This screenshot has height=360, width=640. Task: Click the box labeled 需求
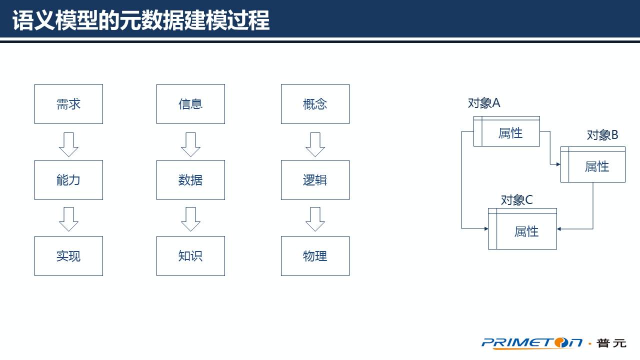tap(68, 104)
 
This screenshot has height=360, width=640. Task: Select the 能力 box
tap(68, 180)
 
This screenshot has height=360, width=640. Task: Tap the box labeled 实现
tap(68, 256)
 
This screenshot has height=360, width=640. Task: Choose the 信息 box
tap(190, 104)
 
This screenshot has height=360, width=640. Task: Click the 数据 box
tap(190, 180)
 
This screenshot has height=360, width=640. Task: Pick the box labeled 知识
tap(190, 256)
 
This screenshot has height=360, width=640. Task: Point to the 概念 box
tap(315, 104)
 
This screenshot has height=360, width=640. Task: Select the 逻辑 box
tap(315, 180)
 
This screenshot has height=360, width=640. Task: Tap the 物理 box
tap(315, 256)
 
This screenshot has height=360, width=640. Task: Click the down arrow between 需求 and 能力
tap(68, 144)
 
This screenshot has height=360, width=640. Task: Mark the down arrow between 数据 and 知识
tap(190, 219)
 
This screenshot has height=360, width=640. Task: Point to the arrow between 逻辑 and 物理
tap(315, 219)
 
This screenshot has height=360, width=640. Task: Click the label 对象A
tap(484, 103)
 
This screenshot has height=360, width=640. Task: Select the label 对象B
tap(602, 135)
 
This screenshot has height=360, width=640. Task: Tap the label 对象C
tap(517, 200)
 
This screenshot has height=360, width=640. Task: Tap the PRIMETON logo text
tap(532, 342)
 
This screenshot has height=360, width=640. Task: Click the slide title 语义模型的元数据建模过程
tap(141, 21)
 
